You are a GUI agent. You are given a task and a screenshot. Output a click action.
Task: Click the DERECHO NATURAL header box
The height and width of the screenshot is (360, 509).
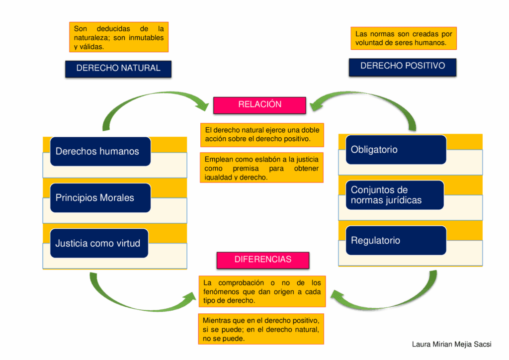pyautogui.click(x=118, y=69)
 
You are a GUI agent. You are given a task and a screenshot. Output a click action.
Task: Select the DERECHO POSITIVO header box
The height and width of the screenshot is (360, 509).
pyautogui.click(x=403, y=67)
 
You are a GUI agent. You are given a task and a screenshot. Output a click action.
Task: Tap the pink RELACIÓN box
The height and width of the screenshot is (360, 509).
pyautogui.click(x=259, y=105)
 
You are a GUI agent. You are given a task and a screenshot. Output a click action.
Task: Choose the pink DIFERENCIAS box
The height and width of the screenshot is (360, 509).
pyautogui.click(x=263, y=261)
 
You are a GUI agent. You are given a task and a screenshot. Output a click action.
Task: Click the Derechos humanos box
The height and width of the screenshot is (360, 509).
pyautogui.click(x=100, y=152)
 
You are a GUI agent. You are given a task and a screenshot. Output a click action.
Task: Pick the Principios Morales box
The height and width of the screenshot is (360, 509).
pyautogui.click(x=100, y=198)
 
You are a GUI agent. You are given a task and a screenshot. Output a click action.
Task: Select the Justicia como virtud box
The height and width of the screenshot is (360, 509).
pyautogui.click(x=99, y=243)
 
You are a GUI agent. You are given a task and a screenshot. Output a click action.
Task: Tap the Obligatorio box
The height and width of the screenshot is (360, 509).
pyautogui.click(x=396, y=150)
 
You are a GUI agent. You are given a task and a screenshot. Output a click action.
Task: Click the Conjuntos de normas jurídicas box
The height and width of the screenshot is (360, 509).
pyautogui.click(x=395, y=195)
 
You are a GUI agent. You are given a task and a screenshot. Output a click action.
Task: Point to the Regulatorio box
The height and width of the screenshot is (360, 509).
pyautogui.click(x=396, y=241)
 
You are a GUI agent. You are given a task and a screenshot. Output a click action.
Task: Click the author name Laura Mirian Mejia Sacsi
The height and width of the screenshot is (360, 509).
pyautogui.click(x=451, y=344)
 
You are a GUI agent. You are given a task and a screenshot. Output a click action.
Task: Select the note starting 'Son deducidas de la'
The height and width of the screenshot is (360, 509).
pyautogui.click(x=119, y=37)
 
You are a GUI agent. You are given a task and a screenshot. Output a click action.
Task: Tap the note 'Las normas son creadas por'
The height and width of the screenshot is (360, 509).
pyautogui.click(x=404, y=38)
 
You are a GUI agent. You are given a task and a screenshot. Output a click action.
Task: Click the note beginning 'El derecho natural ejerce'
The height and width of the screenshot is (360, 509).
pyautogui.click(x=262, y=135)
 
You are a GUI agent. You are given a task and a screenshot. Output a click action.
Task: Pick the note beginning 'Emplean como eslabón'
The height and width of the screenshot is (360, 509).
pyautogui.click(x=261, y=168)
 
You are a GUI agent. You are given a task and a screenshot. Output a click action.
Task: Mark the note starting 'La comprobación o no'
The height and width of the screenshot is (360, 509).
pyautogui.click(x=262, y=291)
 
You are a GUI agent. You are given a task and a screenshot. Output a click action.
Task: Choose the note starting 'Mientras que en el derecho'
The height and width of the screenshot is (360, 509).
pyautogui.click(x=261, y=329)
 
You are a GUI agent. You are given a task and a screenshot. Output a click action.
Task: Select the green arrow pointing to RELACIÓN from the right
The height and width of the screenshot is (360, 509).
pyautogui.click(x=367, y=95)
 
